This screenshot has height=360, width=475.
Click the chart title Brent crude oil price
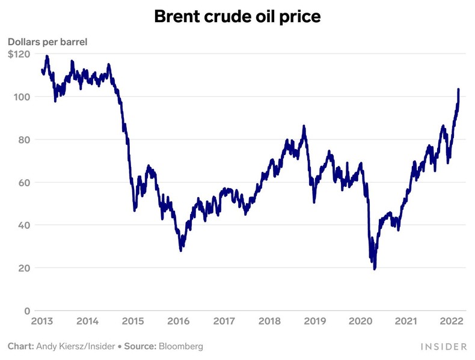(237, 17)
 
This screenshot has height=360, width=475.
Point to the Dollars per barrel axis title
(48, 42)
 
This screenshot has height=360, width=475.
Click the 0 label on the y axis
(27, 311)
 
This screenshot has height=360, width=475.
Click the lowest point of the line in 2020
(375, 269)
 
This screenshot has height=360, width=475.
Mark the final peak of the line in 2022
(459, 89)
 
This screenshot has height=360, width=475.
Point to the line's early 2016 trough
(181, 250)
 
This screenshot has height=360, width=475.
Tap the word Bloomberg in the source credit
(180, 347)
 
